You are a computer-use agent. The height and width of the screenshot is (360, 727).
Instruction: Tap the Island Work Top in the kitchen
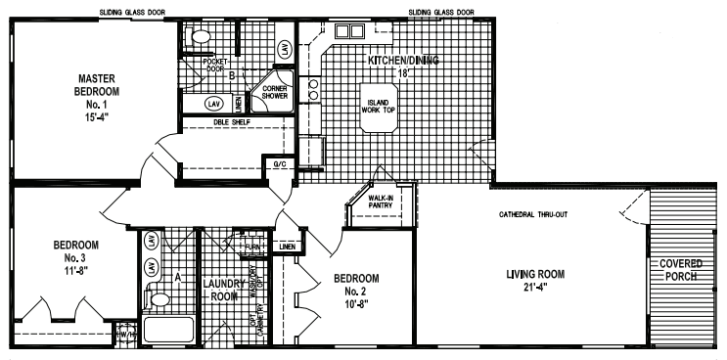point(377,107)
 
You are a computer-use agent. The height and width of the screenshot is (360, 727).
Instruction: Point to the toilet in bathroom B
point(200,38)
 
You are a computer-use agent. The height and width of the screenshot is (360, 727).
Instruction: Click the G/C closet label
point(279,164)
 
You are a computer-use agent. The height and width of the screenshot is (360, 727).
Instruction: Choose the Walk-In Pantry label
point(381,202)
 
